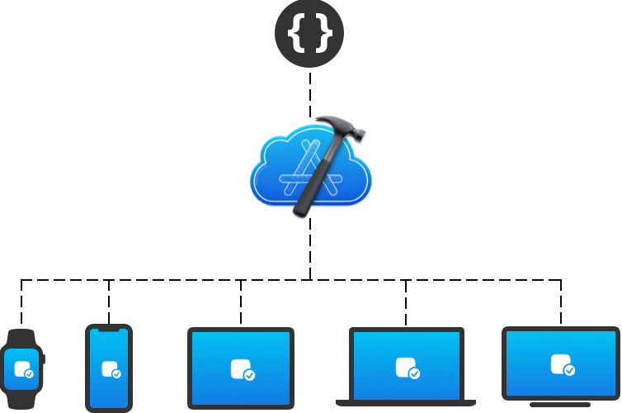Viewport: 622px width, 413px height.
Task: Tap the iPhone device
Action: (x=108, y=368)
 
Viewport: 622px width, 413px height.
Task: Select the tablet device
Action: (x=241, y=368)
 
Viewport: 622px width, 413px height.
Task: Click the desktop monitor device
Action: (x=560, y=363)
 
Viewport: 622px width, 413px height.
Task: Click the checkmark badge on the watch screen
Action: (x=30, y=373)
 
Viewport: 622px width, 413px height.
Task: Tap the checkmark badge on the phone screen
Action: (x=116, y=373)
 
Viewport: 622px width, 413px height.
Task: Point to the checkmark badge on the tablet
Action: (x=249, y=375)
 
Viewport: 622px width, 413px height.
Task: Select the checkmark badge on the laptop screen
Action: (x=414, y=373)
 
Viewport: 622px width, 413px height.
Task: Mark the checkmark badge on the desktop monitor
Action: (x=568, y=369)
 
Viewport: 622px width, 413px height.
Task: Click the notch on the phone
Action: (x=108, y=330)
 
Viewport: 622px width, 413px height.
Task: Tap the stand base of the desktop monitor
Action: (x=560, y=405)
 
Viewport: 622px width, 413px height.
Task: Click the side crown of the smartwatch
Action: (x=44, y=359)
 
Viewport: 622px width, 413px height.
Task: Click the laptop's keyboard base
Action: (x=406, y=402)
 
